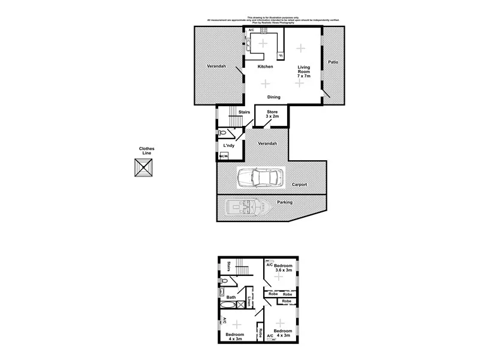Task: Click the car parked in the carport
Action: tap(261, 178)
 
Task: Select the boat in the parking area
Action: tap(248, 208)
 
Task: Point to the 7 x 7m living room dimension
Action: tap(303, 77)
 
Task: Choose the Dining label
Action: tap(273, 97)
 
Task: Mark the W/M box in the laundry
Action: tap(223, 156)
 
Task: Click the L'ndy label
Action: tap(229, 146)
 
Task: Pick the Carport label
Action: tap(300, 184)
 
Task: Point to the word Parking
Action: tap(285, 202)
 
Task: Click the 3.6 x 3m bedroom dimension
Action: tap(283, 271)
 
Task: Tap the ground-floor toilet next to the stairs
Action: tap(222, 133)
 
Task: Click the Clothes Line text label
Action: tap(146, 151)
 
